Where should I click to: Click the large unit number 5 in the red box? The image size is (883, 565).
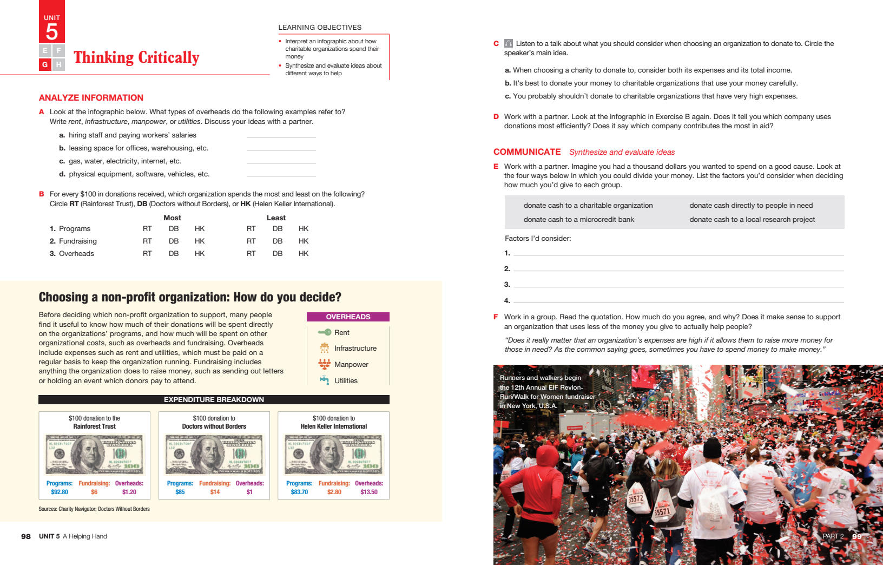click(52, 32)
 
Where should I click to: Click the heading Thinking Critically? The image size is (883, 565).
click(136, 57)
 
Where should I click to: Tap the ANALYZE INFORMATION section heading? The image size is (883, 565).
click(91, 97)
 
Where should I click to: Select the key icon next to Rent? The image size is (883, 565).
click(325, 332)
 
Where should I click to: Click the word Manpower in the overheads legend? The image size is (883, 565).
click(351, 364)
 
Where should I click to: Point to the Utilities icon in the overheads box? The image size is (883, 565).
click(325, 380)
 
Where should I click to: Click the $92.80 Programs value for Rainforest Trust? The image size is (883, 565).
click(60, 492)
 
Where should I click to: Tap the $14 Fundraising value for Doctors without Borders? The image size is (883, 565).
click(215, 492)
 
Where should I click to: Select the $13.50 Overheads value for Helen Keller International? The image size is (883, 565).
click(369, 492)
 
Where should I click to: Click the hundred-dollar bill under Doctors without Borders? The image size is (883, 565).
click(214, 454)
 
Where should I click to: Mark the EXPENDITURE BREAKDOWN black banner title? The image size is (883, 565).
click(214, 399)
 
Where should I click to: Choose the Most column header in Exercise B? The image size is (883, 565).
click(172, 218)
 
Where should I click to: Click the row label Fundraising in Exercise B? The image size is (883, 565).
click(77, 241)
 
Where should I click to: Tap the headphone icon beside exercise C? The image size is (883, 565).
click(509, 43)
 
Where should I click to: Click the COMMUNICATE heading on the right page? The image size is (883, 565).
click(527, 152)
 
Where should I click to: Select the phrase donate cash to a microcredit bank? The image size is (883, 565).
click(578, 219)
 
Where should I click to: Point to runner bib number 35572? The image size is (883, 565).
click(636, 498)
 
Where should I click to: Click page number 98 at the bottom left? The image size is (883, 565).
click(26, 536)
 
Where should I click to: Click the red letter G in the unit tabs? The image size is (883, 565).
click(45, 64)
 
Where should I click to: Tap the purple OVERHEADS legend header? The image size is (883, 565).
click(348, 317)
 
